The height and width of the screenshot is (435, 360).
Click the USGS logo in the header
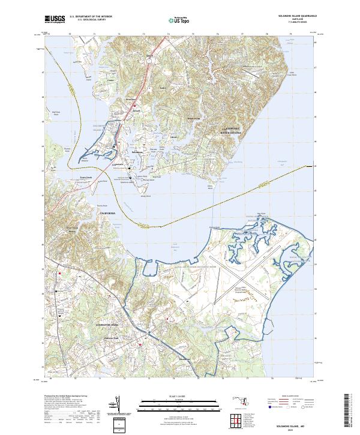(x=55, y=19)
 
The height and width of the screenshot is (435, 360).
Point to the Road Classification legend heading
(x=289, y=396)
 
